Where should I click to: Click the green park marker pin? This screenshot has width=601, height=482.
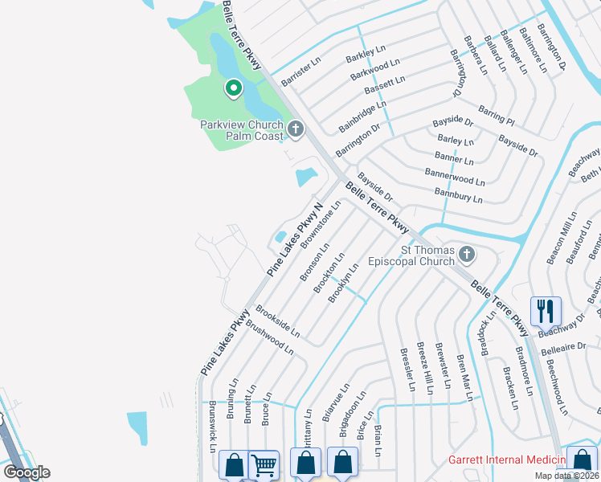[x=233, y=88]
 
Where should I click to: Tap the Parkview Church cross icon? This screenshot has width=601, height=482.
[x=296, y=129]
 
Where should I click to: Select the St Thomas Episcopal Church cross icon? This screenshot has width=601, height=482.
[x=465, y=255]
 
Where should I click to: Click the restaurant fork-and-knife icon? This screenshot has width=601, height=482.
[x=545, y=310]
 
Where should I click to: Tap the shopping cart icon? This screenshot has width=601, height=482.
[x=264, y=464]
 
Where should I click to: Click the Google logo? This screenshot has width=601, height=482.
[x=27, y=472]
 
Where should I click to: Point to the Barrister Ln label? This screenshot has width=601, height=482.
[x=300, y=71]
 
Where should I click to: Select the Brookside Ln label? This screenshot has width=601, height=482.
[x=277, y=321]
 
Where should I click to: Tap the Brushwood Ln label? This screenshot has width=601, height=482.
[x=269, y=337]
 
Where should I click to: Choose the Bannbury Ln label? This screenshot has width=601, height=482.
[x=458, y=193]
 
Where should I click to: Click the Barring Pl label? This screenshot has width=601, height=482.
[x=496, y=115]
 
